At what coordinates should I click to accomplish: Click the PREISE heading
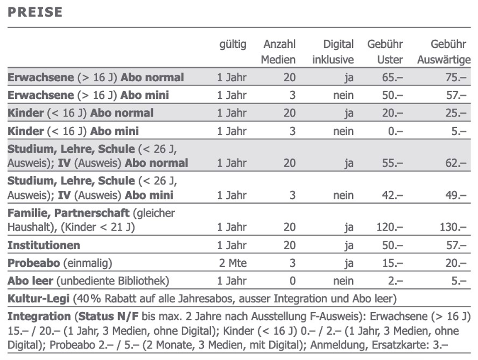(35, 12)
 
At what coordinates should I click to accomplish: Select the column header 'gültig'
(233, 44)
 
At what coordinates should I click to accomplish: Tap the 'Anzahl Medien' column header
(278, 52)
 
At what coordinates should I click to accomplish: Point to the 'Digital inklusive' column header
(333, 52)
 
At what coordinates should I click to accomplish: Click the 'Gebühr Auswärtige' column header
(444, 52)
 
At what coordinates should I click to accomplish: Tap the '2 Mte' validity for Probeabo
(233, 263)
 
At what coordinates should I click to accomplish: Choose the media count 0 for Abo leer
(293, 281)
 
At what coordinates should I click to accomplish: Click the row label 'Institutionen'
(44, 245)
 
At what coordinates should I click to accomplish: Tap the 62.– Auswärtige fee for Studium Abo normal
(456, 163)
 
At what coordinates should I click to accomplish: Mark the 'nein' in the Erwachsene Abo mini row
(343, 95)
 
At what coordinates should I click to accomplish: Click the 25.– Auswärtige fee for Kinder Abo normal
(456, 113)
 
